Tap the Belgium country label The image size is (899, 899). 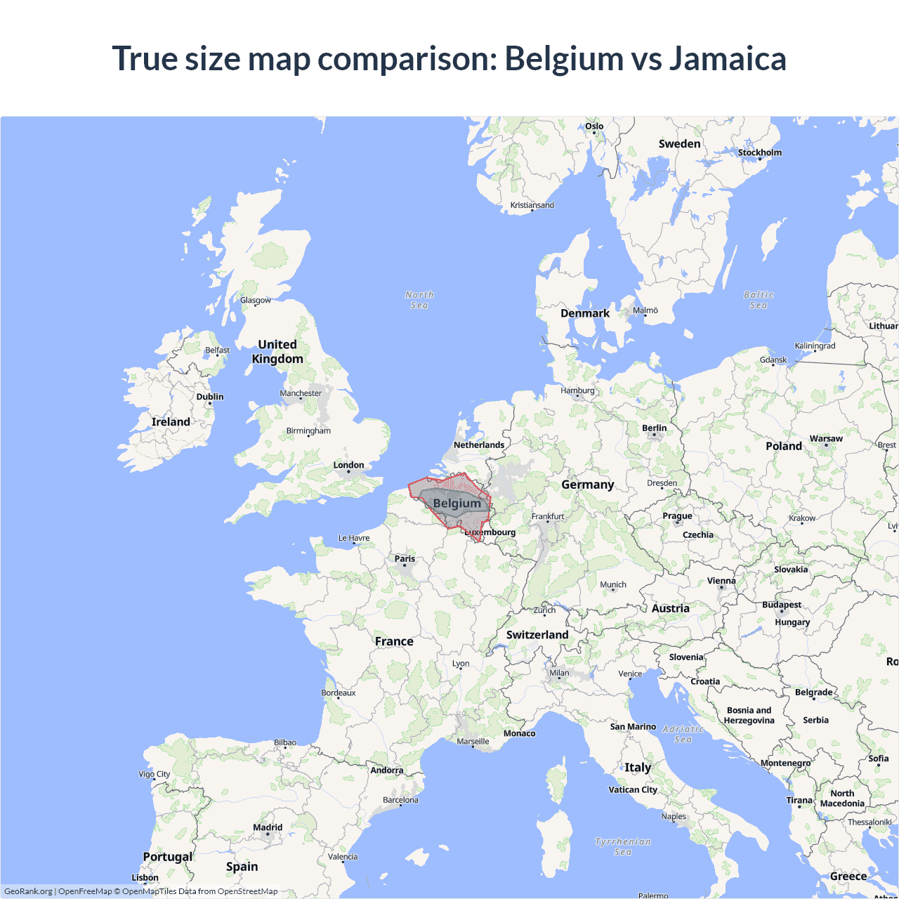[x=457, y=504]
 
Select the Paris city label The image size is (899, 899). [x=405, y=559]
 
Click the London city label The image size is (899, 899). [x=348, y=465]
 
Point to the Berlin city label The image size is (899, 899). [x=654, y=428]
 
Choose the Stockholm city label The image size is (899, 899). [x=759, y=152]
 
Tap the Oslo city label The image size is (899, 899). [x=594, y=126]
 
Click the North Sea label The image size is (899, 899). [x=419, y=300]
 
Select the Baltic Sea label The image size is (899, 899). [x=759, y=300]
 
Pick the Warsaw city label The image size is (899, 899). [x=826, y=438]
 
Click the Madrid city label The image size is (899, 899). [x=268, y=827]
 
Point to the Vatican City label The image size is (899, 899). [x=633, y=789]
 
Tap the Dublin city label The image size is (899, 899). [x=210, y=397]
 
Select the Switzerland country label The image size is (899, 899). [x=537, y=635]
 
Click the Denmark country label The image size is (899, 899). [x=585, y=313]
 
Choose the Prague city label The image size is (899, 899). [x=677, y=516]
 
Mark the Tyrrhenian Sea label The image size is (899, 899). [x=623, y=846]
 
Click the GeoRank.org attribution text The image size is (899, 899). [x=28, y=891]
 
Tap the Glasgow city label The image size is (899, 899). [x=256, y=300]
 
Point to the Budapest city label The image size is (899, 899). [x=782, y=605]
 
